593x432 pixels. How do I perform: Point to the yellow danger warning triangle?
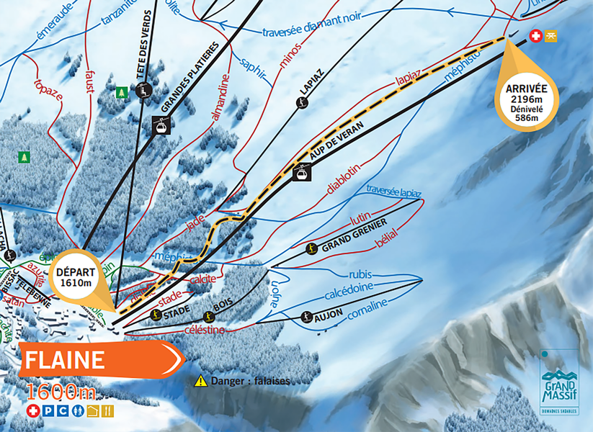pos(200,380)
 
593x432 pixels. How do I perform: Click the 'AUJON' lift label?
pos(328,315)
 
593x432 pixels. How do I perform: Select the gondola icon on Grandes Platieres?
pos(161,125)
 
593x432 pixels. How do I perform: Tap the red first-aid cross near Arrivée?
pos(535,35)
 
